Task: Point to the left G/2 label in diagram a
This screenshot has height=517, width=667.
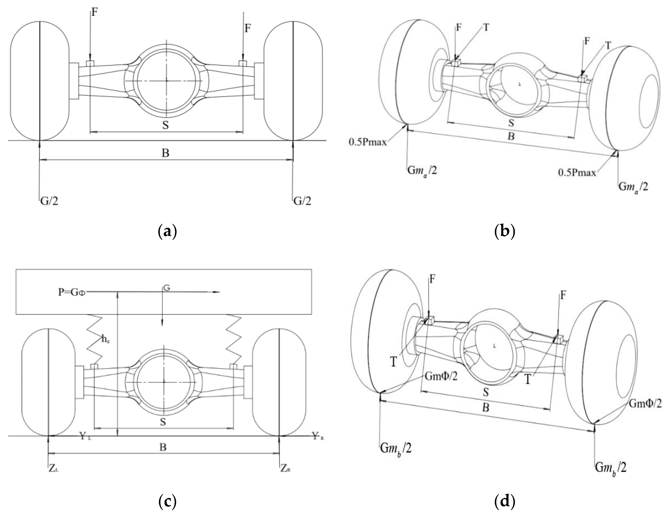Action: point(49,201)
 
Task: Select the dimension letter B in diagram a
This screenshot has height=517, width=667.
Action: point(165,153)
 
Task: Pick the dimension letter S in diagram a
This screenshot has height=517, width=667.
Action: point(165,125)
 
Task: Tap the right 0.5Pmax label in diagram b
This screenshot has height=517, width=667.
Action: point(577,173)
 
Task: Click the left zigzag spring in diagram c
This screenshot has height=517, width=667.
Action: point(95,339)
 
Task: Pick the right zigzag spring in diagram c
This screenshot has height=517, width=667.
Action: point(234,339)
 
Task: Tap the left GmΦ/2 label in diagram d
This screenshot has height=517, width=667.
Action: point(441,376)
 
